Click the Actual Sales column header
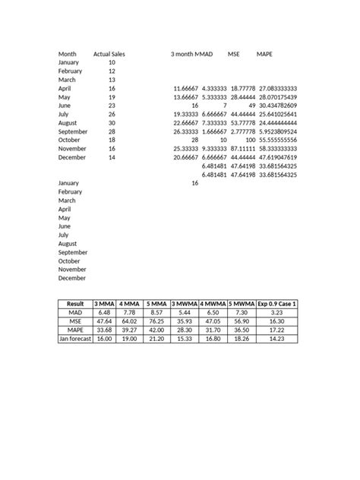(109, 55)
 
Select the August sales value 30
(112, 122)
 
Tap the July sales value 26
(112, 114)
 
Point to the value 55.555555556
(277, 140)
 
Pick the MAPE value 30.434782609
(277, 106)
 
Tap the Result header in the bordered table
(75, 304)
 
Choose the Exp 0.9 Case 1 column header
(276, 304)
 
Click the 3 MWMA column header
(185, 304)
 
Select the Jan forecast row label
(75, 339)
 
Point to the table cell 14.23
(276, 339)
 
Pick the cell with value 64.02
(130, 321)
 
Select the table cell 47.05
(213, 321)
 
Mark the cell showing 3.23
(276, 312)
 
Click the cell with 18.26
(241, 339)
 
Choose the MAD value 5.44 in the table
(185, 312)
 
